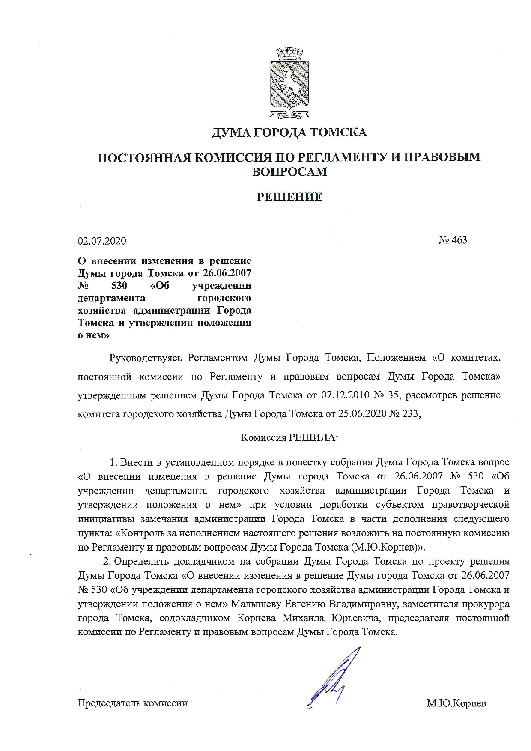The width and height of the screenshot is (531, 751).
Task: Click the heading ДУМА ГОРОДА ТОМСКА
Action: pos(289,132)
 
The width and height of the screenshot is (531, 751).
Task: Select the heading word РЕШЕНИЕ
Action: pos(289,197)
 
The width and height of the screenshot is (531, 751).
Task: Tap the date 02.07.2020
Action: pos(102,241)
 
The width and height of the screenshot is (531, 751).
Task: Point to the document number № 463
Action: pos(453,240)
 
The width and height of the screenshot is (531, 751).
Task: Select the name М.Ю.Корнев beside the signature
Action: pos(456,703)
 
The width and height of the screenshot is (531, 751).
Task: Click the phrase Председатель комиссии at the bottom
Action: pos(132,703)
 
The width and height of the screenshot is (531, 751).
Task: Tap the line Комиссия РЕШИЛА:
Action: pos(289,437)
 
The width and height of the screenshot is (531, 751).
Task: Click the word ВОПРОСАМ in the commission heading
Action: pos(289,171)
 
